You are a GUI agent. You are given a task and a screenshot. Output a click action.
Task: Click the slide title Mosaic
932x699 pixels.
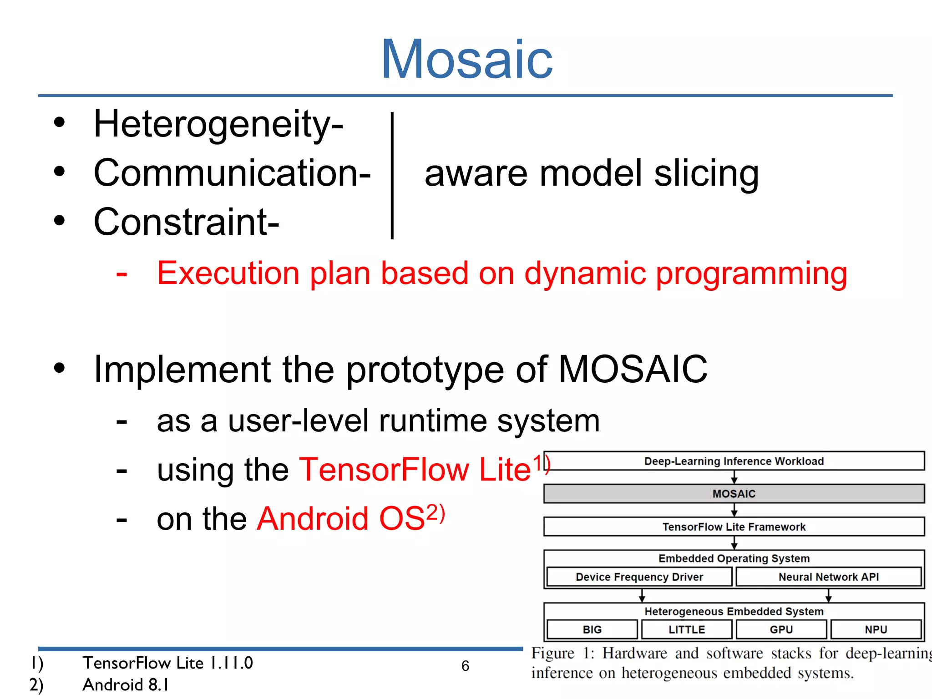tap(466, 59)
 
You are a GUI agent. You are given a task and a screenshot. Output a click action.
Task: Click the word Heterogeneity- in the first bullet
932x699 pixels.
tap(218, 124)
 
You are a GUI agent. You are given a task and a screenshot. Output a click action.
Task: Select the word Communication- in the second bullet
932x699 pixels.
tap(232, 173)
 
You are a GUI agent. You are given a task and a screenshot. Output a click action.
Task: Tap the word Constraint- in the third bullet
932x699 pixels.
tap(186, 222)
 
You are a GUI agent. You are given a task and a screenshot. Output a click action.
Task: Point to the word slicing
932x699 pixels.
tap(706, 174)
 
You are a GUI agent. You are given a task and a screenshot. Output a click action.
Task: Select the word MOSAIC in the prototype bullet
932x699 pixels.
tap(632, 369)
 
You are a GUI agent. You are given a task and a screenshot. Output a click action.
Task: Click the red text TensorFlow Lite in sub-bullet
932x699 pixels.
tap(415, 469)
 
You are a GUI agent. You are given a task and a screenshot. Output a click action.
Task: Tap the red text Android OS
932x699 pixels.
tap(341, 518)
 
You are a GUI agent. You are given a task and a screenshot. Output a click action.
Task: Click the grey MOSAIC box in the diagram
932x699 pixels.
tap(734, 494)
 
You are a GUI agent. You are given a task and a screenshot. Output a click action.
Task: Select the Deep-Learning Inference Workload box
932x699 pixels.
tap(734, 461)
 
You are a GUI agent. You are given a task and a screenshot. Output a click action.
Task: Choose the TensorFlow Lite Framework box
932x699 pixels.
tap(734, 527)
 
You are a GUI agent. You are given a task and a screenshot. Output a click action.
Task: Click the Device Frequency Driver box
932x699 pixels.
tap(639, 577)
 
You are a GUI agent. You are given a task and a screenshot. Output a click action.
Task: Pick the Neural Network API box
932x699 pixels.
tap(828, 577)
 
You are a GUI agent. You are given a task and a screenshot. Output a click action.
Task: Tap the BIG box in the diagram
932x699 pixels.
tap(592, 629)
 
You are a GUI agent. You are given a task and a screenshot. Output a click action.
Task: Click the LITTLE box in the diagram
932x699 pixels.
tap(686, 629)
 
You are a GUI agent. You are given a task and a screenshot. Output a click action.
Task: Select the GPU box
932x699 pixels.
tap(781, 629)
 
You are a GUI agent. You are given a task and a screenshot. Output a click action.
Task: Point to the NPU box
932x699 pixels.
tap(876, 629)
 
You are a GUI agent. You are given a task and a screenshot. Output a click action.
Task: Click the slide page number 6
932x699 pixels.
tap(465, 666)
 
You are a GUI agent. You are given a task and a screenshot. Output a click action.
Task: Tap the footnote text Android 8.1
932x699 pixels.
tap(126, 684)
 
